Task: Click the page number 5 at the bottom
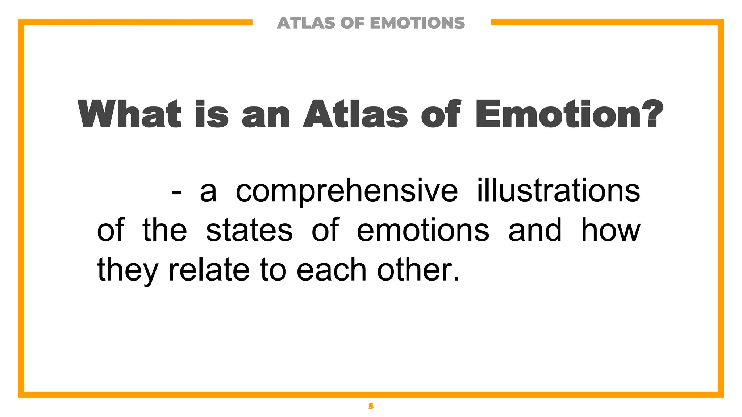point(371,406)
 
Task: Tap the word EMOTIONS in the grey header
point(417,23)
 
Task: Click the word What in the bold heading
point(129,114)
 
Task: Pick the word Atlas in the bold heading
point(355,114)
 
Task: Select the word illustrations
point(558,190)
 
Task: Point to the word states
point(249,231)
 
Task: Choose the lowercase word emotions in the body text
point(423,231)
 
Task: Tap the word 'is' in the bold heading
point(212,114)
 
